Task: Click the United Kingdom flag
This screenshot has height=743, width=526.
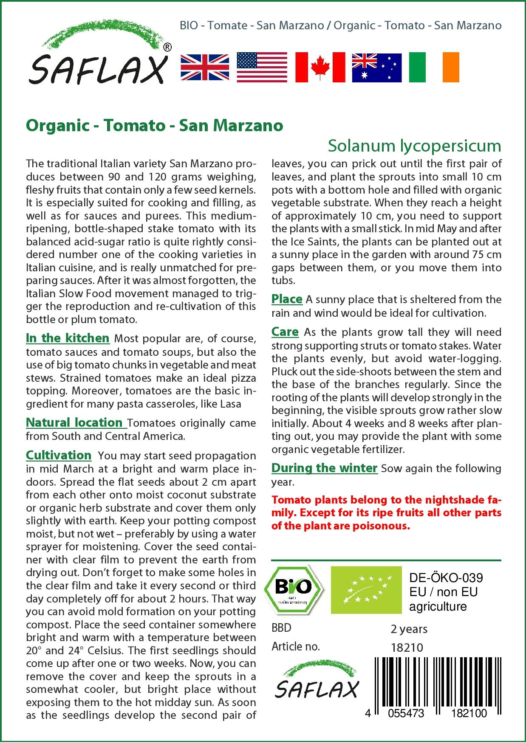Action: click(x=205, y=67)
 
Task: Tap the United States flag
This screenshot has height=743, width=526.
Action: click(x=262, y=67)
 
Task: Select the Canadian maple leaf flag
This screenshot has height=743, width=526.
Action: click(x=320, y=67)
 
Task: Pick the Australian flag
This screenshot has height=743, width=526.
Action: click(x=376, y=67)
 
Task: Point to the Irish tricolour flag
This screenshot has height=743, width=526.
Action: click(x=434, y=67)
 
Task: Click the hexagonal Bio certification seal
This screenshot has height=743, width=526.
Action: click(x=293, y=589)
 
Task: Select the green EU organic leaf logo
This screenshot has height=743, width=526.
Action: click(x=366, y=589)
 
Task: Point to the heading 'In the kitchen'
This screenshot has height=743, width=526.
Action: click(x=68, y=338)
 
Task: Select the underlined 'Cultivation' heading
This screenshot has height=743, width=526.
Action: click(x=59, y=455)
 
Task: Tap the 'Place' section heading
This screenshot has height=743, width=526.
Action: click(x=287, y=299)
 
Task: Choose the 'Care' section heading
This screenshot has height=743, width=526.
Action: click(x=285, y=332)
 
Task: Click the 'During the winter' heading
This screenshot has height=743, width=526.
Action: click(x=324, y=468)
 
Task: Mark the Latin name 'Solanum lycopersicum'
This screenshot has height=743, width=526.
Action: click(x=414, y=146)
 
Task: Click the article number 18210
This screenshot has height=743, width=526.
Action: click(x=407, y=647)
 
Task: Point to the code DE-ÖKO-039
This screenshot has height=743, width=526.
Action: click(x=446, y=578)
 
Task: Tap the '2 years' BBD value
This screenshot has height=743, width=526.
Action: click(x=409, y=629)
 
